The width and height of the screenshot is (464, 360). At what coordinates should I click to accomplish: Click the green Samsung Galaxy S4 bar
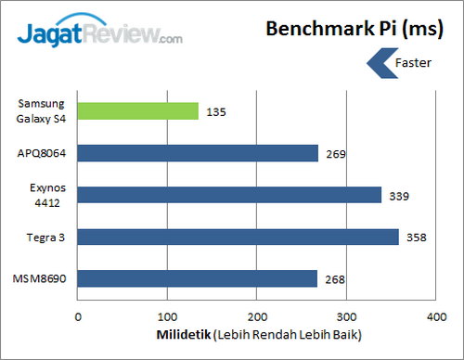(138, 111)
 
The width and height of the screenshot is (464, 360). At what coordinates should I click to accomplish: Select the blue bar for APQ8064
(198, 153)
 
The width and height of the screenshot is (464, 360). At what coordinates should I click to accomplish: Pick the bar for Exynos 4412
(229, 195)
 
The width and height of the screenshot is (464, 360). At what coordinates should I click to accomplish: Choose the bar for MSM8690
(198, 278)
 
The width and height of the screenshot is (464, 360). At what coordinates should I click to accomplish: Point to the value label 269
(336, 153)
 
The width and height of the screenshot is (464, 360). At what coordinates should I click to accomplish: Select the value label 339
(399, 195)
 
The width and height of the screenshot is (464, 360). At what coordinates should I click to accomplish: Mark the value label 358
(416, 237)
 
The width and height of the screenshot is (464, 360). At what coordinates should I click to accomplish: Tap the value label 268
(335, 278)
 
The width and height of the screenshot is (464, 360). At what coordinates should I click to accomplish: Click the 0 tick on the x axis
(79, 316)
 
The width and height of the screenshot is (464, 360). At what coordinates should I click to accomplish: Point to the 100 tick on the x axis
(168, 316)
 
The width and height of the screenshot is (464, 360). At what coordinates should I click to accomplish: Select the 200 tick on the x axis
(257, 316)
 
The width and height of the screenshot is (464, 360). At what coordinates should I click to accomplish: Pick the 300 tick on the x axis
(346, 316)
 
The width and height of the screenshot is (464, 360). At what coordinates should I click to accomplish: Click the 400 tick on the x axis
(435, 316)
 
